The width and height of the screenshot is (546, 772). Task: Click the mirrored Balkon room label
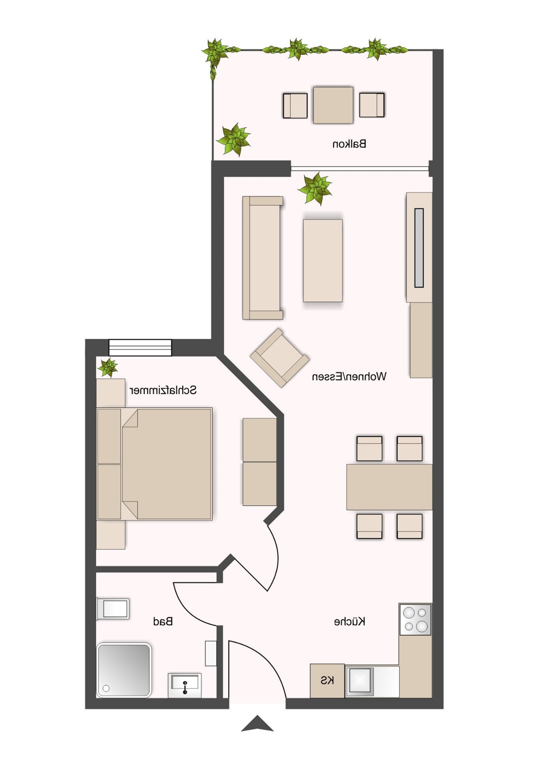click(x=349, y=144)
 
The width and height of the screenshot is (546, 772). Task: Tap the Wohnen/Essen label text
click(x=349, y=377)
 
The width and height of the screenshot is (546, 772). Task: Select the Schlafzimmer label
click(x=163, y=390)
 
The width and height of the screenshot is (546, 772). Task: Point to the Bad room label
click(x=163, y=622)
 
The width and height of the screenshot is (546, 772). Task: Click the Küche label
click(x=350, y=622)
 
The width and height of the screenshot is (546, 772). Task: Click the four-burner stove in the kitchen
click(x=416, y=620)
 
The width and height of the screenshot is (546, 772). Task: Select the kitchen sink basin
click(x=360, y=680)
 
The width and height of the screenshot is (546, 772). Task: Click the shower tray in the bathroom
click(x=124, y=670)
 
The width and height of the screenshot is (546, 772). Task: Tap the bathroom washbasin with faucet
click(x=185, y=685)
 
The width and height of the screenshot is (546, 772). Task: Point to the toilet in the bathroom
click(x=113, y=609)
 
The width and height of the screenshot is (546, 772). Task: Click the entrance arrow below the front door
click(x=257, y=724)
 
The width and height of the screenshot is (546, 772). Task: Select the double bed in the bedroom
click(x=155, y=464)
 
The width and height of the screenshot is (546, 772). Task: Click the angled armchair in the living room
click(x=280, y=358)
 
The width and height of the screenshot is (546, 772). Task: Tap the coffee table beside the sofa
click(x=323, y=261)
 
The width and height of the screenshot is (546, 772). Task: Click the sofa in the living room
click(x=263, y=258)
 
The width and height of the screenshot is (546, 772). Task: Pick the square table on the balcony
click(x=333, y=105)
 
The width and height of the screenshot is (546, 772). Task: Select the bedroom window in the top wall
click(x=140, y=347)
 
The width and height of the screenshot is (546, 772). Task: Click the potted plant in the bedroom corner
click(x=108, y=368)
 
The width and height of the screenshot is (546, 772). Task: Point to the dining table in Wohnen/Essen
click(x=389, y=487)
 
